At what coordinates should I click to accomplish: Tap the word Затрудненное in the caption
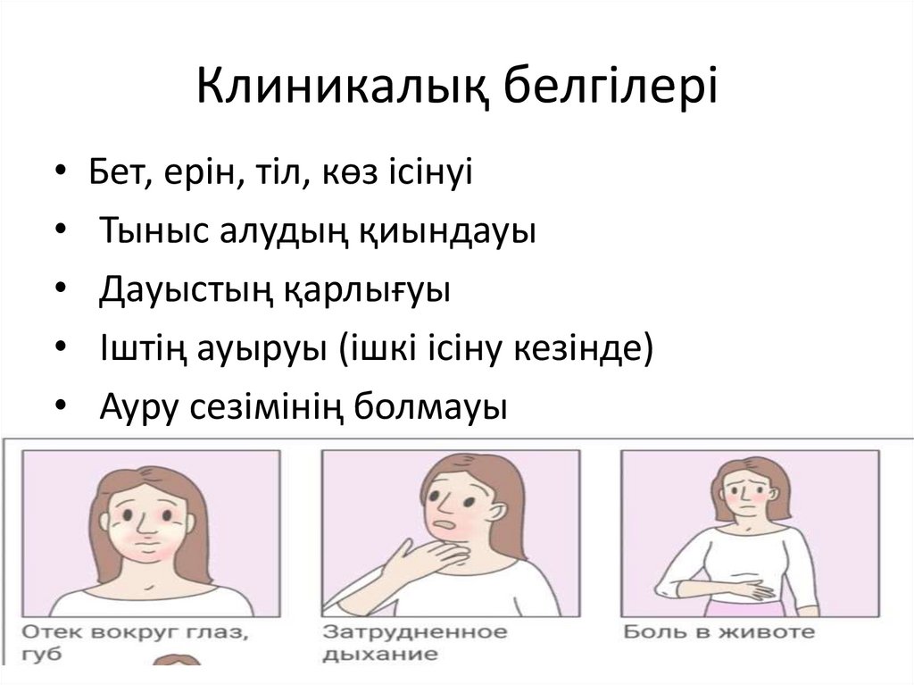414,632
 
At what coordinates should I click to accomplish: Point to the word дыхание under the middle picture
381,655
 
